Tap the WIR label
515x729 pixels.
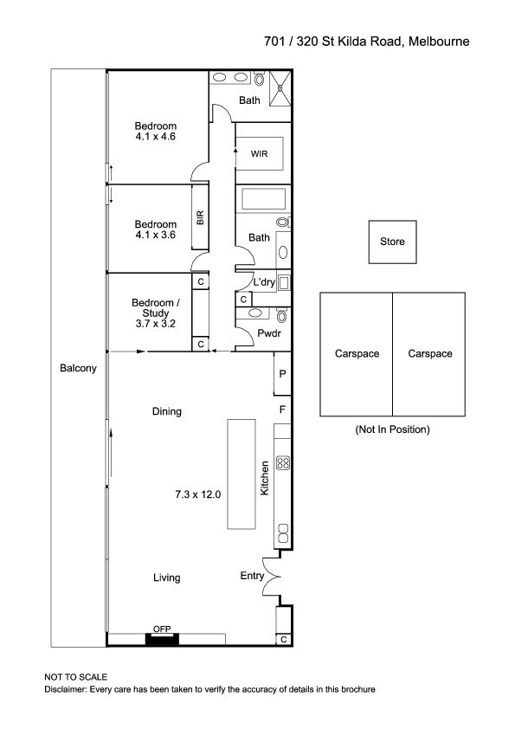coord(259,154)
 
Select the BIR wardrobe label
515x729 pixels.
coord(200,217)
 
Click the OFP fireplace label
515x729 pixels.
coord(162,629)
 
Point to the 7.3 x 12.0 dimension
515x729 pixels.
coord(198,494)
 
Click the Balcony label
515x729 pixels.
coord(78,368)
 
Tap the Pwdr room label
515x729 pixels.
coord(269,333)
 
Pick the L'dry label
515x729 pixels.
coord(264,281)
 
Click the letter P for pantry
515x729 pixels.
coord(282,374)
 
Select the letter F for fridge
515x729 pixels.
coord(282,410)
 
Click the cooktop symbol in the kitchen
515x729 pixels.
coord(283,463)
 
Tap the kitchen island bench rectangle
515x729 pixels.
coord(241,474)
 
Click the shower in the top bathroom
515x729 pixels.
coord(280,88)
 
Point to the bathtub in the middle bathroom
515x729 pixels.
coord(263,199)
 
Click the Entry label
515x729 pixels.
coord(252,576)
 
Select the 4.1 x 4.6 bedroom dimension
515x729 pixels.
coord(155,137)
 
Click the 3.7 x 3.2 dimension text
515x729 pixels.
coord(155,324)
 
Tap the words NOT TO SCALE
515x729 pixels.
coord(76,677)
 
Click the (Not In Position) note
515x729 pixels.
coord(392,429)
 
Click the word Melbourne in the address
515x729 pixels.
coord(439,42)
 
